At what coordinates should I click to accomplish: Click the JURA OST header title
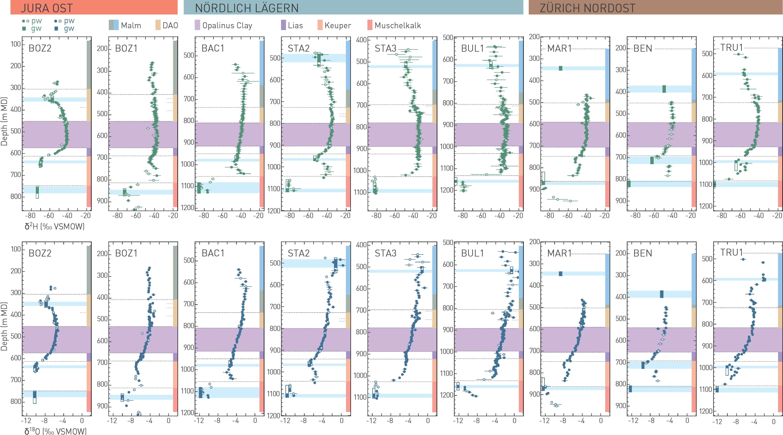coord(47,8)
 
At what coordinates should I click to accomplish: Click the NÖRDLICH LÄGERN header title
coord(246,8)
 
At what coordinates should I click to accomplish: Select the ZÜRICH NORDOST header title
coord(587,8)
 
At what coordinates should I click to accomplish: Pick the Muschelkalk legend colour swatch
coord(370,25)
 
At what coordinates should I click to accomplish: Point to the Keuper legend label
coord(338,26)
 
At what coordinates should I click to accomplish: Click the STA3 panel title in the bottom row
coord(385,253)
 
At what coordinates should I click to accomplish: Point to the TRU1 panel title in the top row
coord(731,48)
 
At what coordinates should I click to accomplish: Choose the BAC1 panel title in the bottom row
coord(213,253)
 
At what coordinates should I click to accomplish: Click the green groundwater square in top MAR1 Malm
coord(560,68)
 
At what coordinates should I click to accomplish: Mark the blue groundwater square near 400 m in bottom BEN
coord(662,294)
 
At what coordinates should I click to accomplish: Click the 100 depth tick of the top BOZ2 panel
coord(16,44)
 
